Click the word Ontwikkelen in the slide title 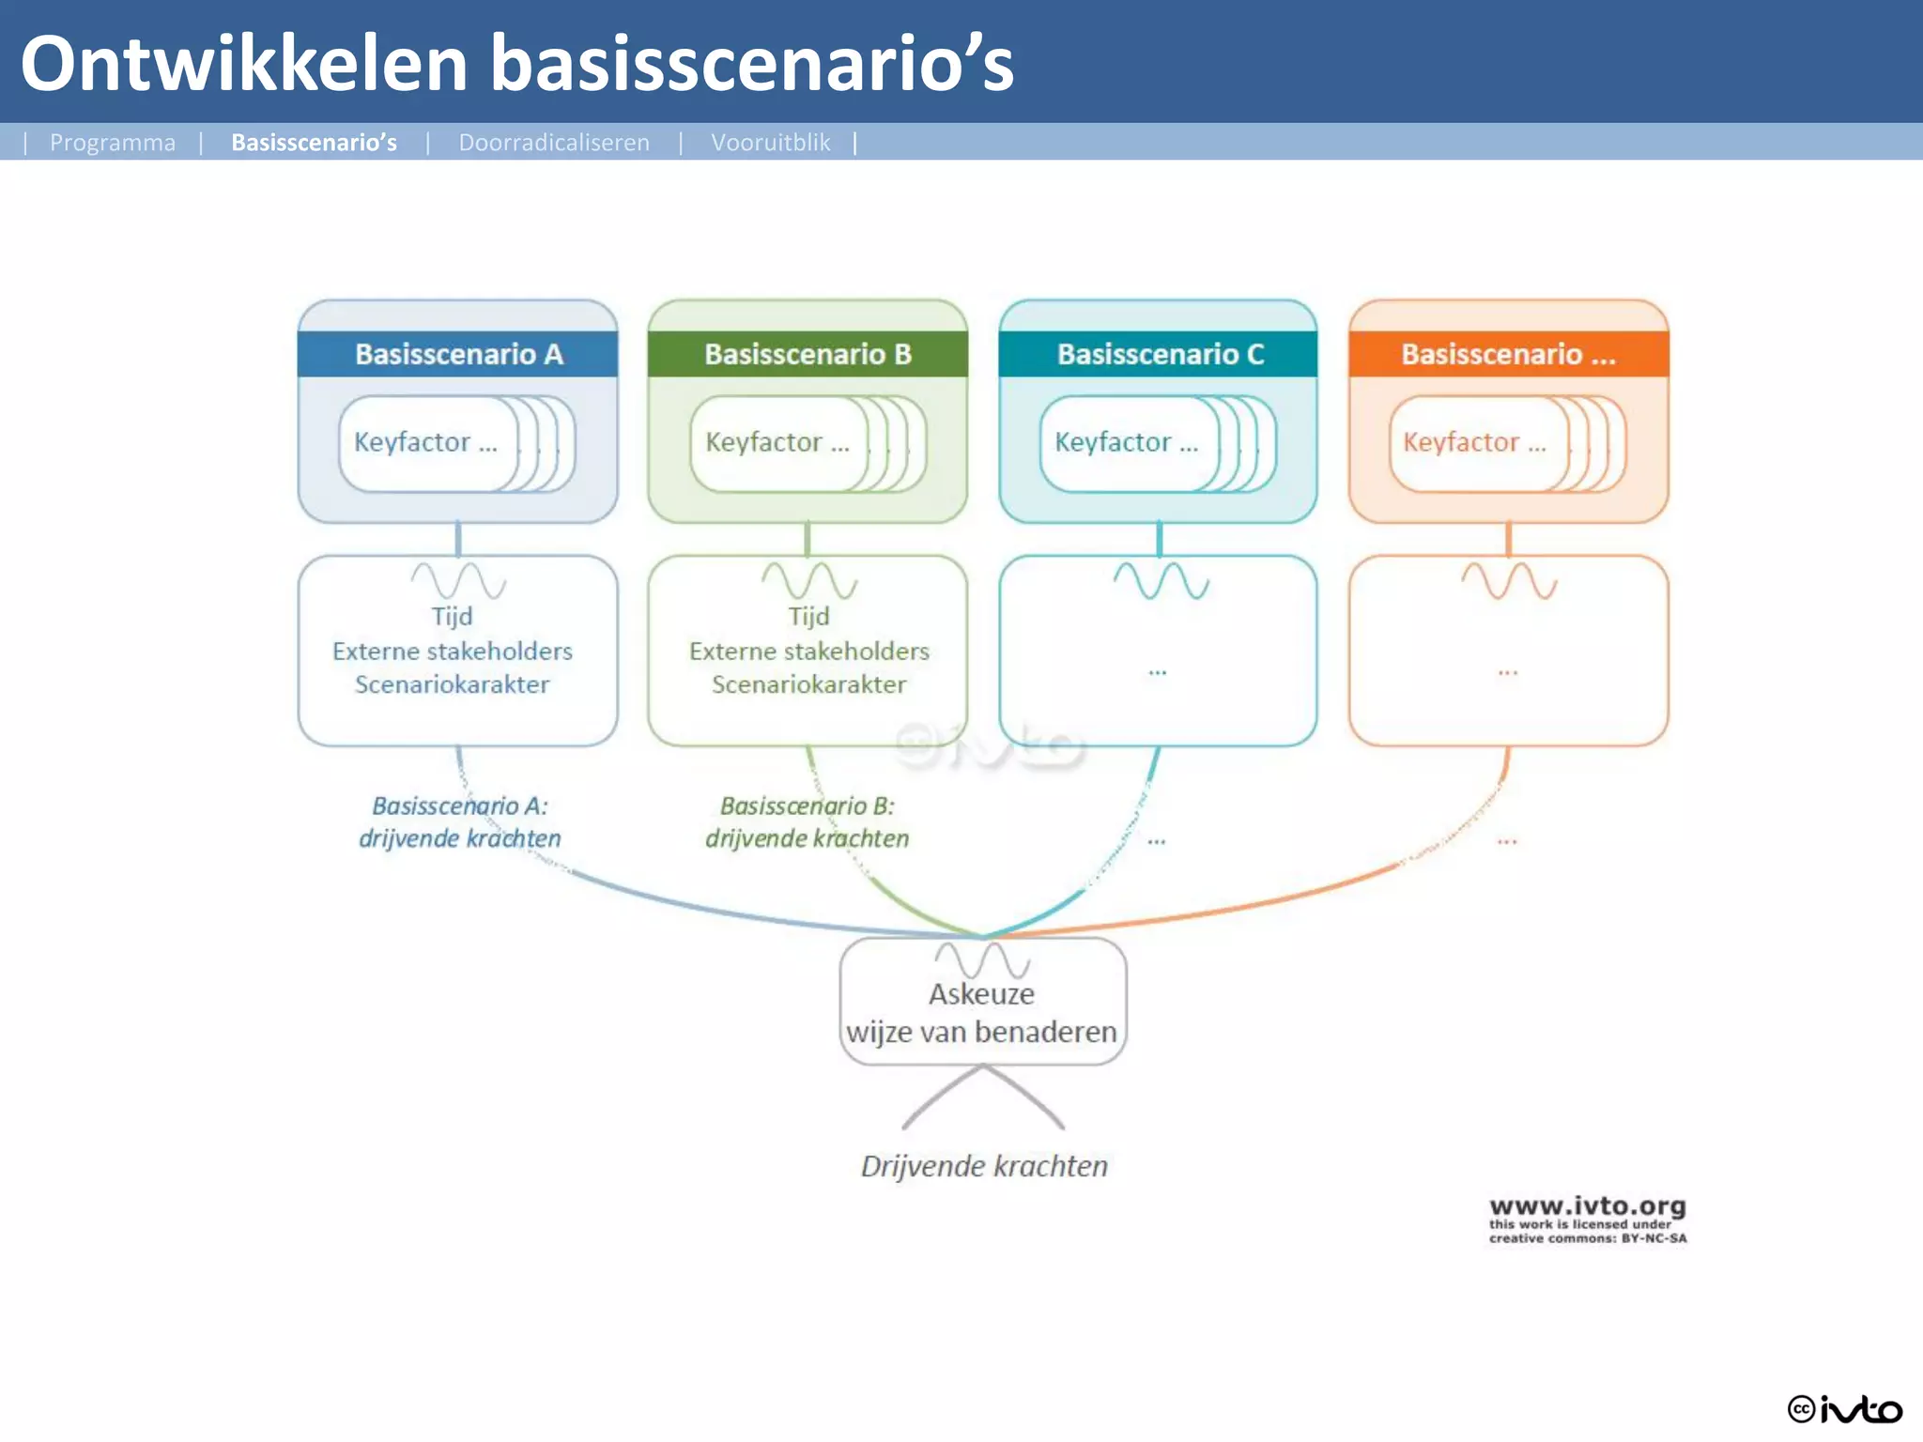point(244,64)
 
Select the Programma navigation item point(113,143)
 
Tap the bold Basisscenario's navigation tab point(314,143)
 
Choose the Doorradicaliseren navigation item point(554,143)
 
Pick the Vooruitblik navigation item point(770,143)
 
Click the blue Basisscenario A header point(458,354)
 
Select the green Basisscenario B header point(808,354)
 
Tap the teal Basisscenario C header point(1159,354)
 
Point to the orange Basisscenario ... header point(1508,354)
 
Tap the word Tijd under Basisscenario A point(452,617)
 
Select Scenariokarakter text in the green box point(808,684)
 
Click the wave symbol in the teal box point(1161,581)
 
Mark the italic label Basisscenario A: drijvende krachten point(459,821)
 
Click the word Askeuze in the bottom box point(981,994)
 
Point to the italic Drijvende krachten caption point(984,1166)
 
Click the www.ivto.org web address point(1587,1206)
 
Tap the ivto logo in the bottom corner point(1844,1409)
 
